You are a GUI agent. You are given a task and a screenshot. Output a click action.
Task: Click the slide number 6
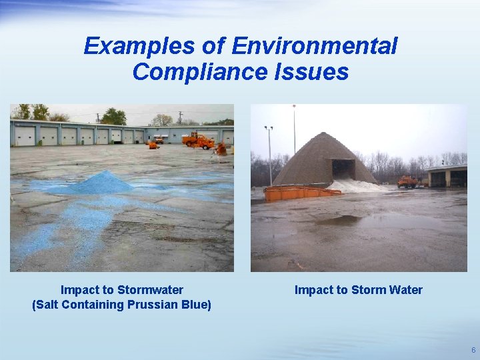point(473,350)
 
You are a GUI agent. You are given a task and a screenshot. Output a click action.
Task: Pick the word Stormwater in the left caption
point(150,290)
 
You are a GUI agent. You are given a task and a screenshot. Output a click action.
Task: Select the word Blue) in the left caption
point(195,305)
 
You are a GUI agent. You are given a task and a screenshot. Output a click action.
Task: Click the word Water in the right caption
point(406,290)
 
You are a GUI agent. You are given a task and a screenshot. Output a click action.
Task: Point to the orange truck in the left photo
point(198,141)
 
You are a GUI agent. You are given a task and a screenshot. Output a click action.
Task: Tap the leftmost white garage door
point(25,136)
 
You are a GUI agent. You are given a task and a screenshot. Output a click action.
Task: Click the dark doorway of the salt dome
point(343,169)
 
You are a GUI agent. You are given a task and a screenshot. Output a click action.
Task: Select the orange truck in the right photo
point(407,181)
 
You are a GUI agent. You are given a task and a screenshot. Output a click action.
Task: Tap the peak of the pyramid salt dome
point(325,135)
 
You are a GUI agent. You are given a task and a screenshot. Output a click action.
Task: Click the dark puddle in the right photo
point(347,220)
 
